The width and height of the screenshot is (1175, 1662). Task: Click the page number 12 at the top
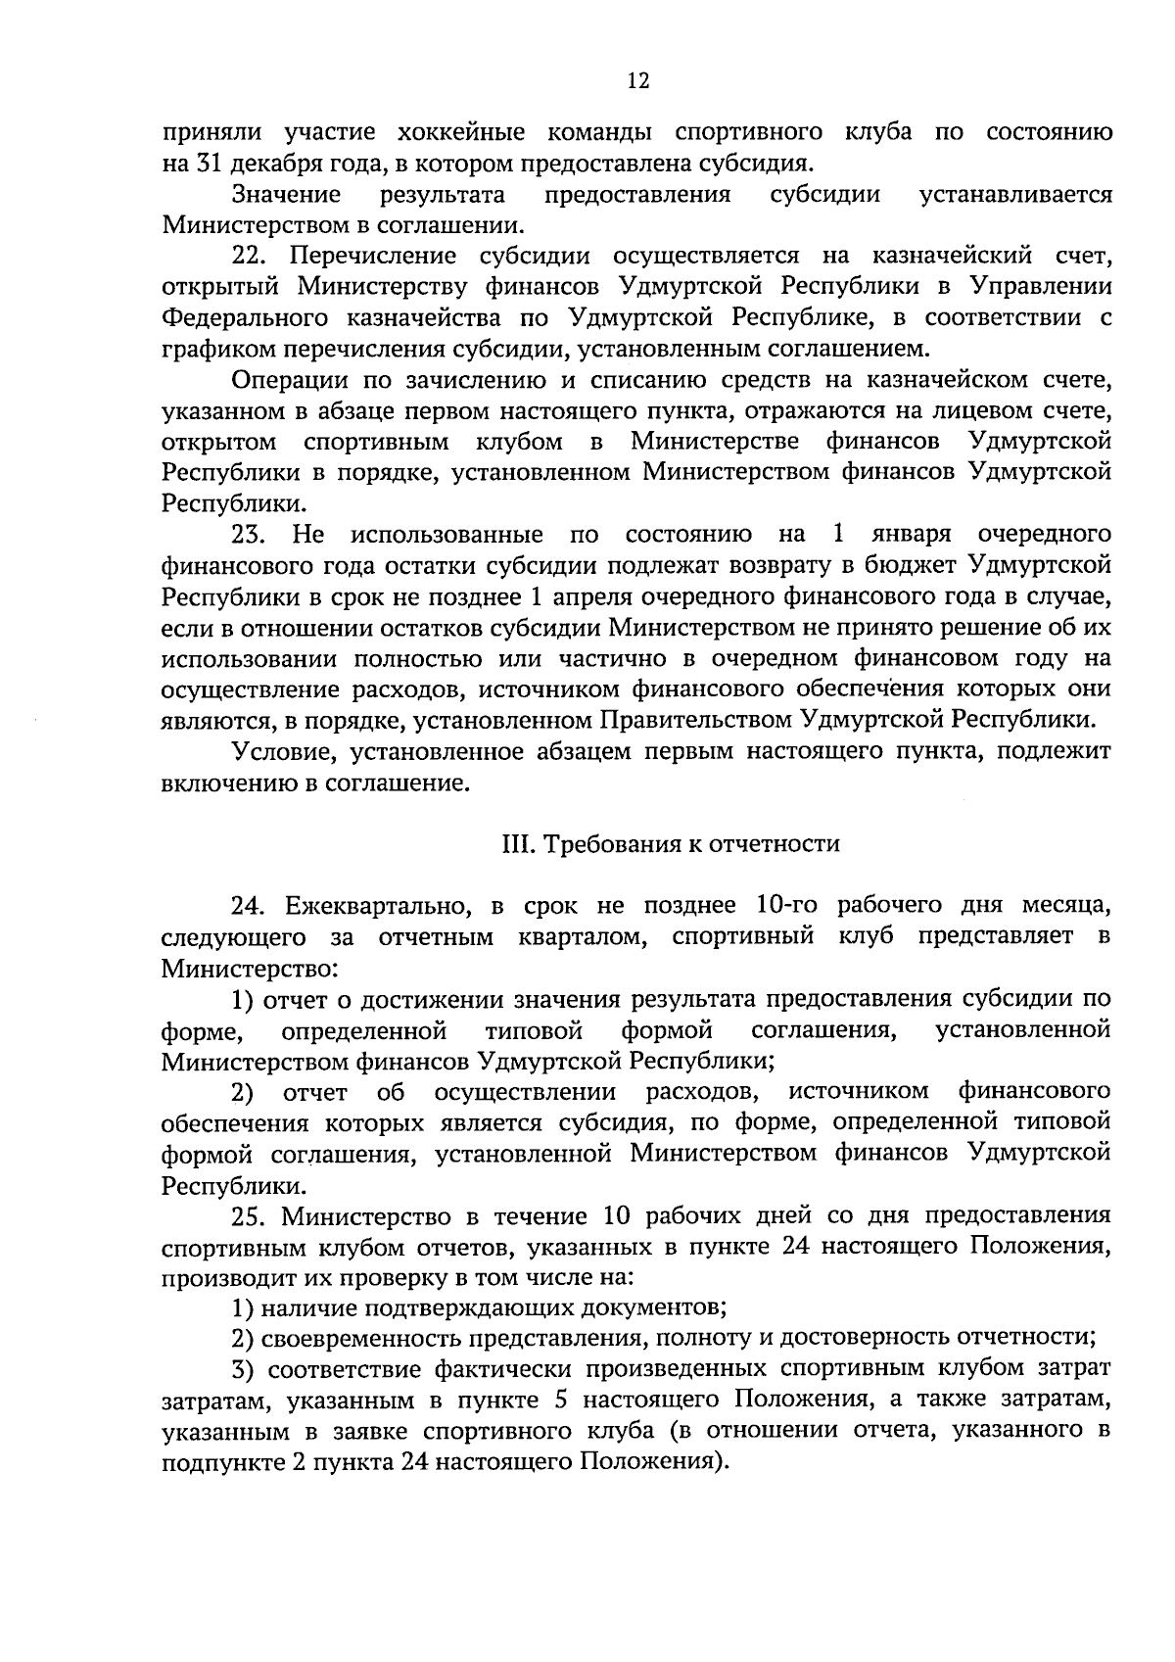637,81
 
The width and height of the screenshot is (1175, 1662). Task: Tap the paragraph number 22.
250,257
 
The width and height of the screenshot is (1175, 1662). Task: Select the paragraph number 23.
250,535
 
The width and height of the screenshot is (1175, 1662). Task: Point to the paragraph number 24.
250,905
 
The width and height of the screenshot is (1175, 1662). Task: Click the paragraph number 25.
250,1216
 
